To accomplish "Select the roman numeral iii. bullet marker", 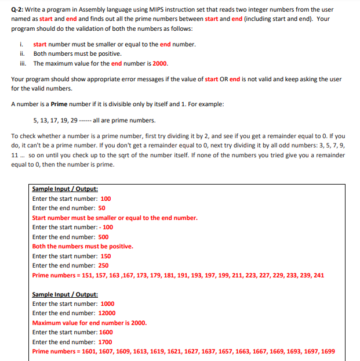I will pyautogui.click(x=22, y=63).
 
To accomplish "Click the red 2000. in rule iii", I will pyautogui.click(x=160, y=63).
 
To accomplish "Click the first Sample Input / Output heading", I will pyautogui.click(x=65, y=189).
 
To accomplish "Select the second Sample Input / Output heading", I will pyautogui.click(x=65, y=294).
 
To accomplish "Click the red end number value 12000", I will pyautogui.click(x=107, y=313).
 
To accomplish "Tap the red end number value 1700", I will pyautogui.click(x=105, y=342).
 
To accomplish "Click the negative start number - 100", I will pyautogui.click(x=103, y=228).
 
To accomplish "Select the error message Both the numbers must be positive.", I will pyautogui.click(x=82, y=247).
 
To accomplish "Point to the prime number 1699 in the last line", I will pyautogui.click(x=328, y=352).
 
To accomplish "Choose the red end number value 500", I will pyautogui.click(x=103, y=237).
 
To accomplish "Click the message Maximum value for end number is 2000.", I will pyautogui.click(x=89, y=323).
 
